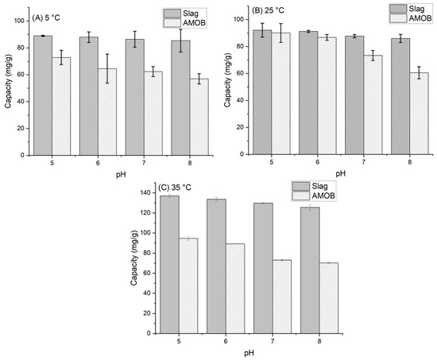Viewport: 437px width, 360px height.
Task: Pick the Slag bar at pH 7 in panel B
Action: coord(354,95)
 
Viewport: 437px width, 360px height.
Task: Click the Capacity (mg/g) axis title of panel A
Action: coord(7,86)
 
